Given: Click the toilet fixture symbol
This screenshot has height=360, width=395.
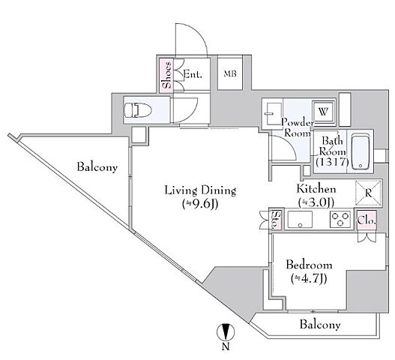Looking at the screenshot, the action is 138,110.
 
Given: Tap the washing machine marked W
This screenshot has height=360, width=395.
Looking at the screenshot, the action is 324,112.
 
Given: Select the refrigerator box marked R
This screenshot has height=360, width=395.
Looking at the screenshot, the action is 368,193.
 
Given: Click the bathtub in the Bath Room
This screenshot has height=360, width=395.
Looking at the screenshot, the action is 361,151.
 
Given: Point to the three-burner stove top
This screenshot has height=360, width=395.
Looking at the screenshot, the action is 340,219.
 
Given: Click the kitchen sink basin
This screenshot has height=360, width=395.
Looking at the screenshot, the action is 300,219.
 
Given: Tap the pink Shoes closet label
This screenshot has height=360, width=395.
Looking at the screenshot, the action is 167,75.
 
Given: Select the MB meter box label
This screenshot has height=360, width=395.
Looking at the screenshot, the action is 230,73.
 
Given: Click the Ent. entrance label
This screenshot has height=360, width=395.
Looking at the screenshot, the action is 193,74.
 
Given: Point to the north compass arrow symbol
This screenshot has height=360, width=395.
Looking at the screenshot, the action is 226,332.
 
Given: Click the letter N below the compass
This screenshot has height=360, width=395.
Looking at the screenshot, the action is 226,347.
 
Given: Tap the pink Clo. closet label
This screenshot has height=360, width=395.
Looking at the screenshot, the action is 367,220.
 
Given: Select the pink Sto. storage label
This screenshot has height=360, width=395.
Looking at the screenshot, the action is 277,219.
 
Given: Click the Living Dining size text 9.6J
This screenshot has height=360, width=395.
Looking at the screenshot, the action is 200,205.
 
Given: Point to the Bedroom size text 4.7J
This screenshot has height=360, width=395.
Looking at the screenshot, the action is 309,278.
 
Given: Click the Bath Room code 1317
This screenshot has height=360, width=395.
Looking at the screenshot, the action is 332,162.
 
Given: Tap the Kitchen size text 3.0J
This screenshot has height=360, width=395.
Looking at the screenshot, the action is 316,202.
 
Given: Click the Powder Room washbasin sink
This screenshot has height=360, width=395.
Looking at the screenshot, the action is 272,113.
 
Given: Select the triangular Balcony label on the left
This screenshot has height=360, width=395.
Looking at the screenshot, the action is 97,168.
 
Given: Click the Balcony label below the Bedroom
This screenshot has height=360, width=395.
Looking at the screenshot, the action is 320,325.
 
